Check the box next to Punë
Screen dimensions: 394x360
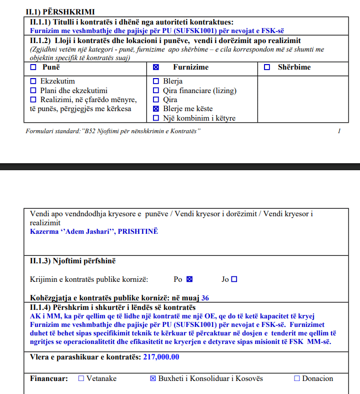(x=33, y=67)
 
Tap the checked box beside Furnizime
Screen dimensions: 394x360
(x=155, y=67)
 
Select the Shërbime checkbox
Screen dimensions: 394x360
(x=267, y=67)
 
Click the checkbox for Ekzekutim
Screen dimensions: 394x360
(x=33, y=81)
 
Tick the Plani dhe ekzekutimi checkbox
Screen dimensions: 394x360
(x=33, y=91)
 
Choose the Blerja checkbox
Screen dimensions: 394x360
(x=156, y=81)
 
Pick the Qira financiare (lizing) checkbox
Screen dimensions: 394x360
(x=156, y=91)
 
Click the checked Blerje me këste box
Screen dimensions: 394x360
(x=156, y=109)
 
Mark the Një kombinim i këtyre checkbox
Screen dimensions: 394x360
(x=156, y=118)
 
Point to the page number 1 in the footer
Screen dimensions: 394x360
(x=339, y=131)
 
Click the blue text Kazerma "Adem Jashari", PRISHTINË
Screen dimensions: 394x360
(x=93, y=231)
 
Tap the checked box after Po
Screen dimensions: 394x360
(x=189, y=279)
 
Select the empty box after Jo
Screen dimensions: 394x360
(x=234, y=279)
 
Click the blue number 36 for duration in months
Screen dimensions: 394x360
(x=205, y=298)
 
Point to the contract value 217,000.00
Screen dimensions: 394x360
(x=161, y=357)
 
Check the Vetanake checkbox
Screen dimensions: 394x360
(x=81, y=378)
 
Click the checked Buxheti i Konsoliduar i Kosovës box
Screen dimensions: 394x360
(x=153, y=378)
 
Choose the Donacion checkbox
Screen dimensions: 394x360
(x=297, y=378)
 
